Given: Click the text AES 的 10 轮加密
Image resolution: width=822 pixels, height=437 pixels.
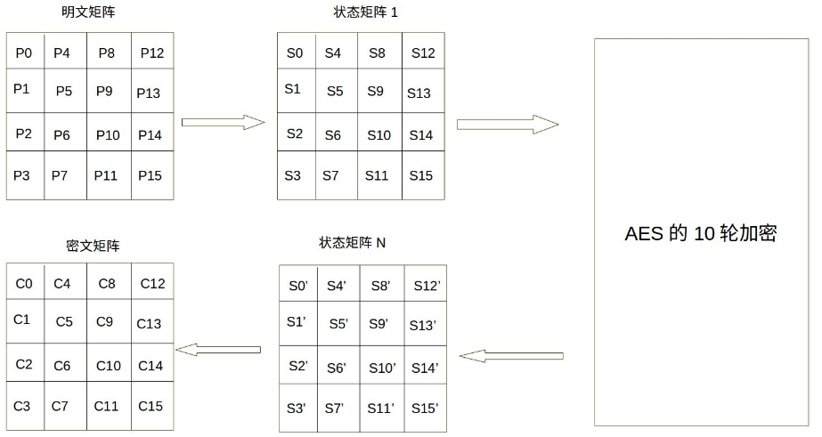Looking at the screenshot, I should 700,234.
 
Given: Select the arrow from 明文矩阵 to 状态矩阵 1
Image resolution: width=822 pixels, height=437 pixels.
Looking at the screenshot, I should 224,123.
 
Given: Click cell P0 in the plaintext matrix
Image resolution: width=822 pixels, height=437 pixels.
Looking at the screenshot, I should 24,53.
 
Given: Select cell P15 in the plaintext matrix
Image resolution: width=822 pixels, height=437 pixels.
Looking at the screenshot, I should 151,176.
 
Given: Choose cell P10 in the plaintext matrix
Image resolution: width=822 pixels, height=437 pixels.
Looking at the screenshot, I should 108,135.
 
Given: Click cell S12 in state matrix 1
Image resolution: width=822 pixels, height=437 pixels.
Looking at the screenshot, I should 423,53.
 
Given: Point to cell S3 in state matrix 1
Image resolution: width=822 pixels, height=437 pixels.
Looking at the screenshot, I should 293,176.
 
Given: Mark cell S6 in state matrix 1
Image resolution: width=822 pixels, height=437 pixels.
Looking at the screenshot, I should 332,135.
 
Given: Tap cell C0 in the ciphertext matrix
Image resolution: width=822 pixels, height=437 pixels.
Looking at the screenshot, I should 24,284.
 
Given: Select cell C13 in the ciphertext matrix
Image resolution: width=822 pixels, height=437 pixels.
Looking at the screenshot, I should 149,324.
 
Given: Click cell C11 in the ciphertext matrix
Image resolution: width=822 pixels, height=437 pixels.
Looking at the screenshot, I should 106,407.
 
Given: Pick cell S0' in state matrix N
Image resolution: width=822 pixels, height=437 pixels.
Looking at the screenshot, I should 298,287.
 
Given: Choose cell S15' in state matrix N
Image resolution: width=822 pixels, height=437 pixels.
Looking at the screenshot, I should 425,408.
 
